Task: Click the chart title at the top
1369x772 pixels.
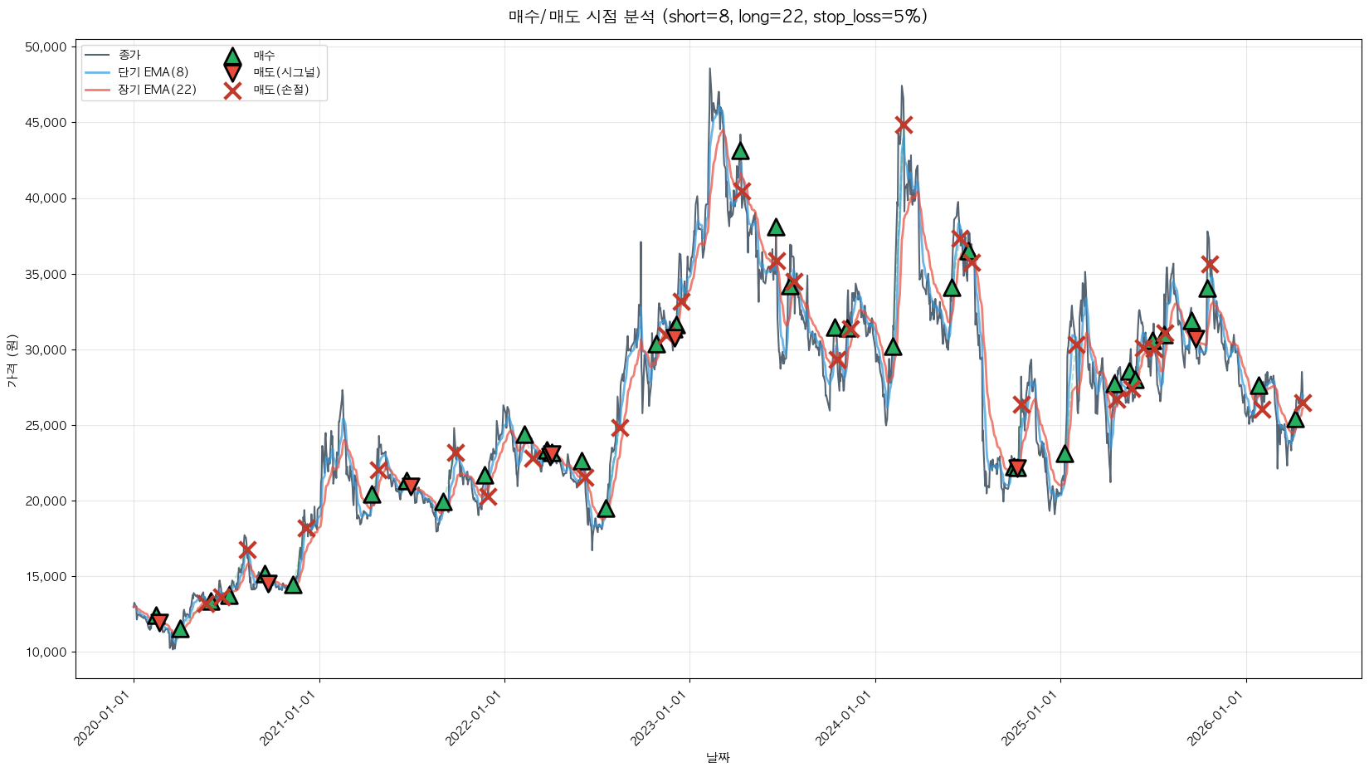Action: coord(718,17)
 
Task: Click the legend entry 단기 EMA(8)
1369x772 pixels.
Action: coord(153,72)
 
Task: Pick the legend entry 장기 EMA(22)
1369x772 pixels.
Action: coord(157,90)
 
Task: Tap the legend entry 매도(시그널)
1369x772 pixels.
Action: coord(286,72)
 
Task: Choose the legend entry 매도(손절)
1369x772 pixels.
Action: coord(280,90)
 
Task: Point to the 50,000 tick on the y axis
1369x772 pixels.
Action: coord(46,47)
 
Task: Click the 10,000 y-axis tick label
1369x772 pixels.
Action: coord(46,652)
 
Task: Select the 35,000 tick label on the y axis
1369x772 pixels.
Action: coord(46,274)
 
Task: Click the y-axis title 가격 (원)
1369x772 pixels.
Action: coord(12,361)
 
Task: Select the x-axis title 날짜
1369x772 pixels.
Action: coord(718,757)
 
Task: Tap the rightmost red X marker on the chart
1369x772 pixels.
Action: coord(1303,403)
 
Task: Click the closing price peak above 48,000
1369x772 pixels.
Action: coord(709,69)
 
